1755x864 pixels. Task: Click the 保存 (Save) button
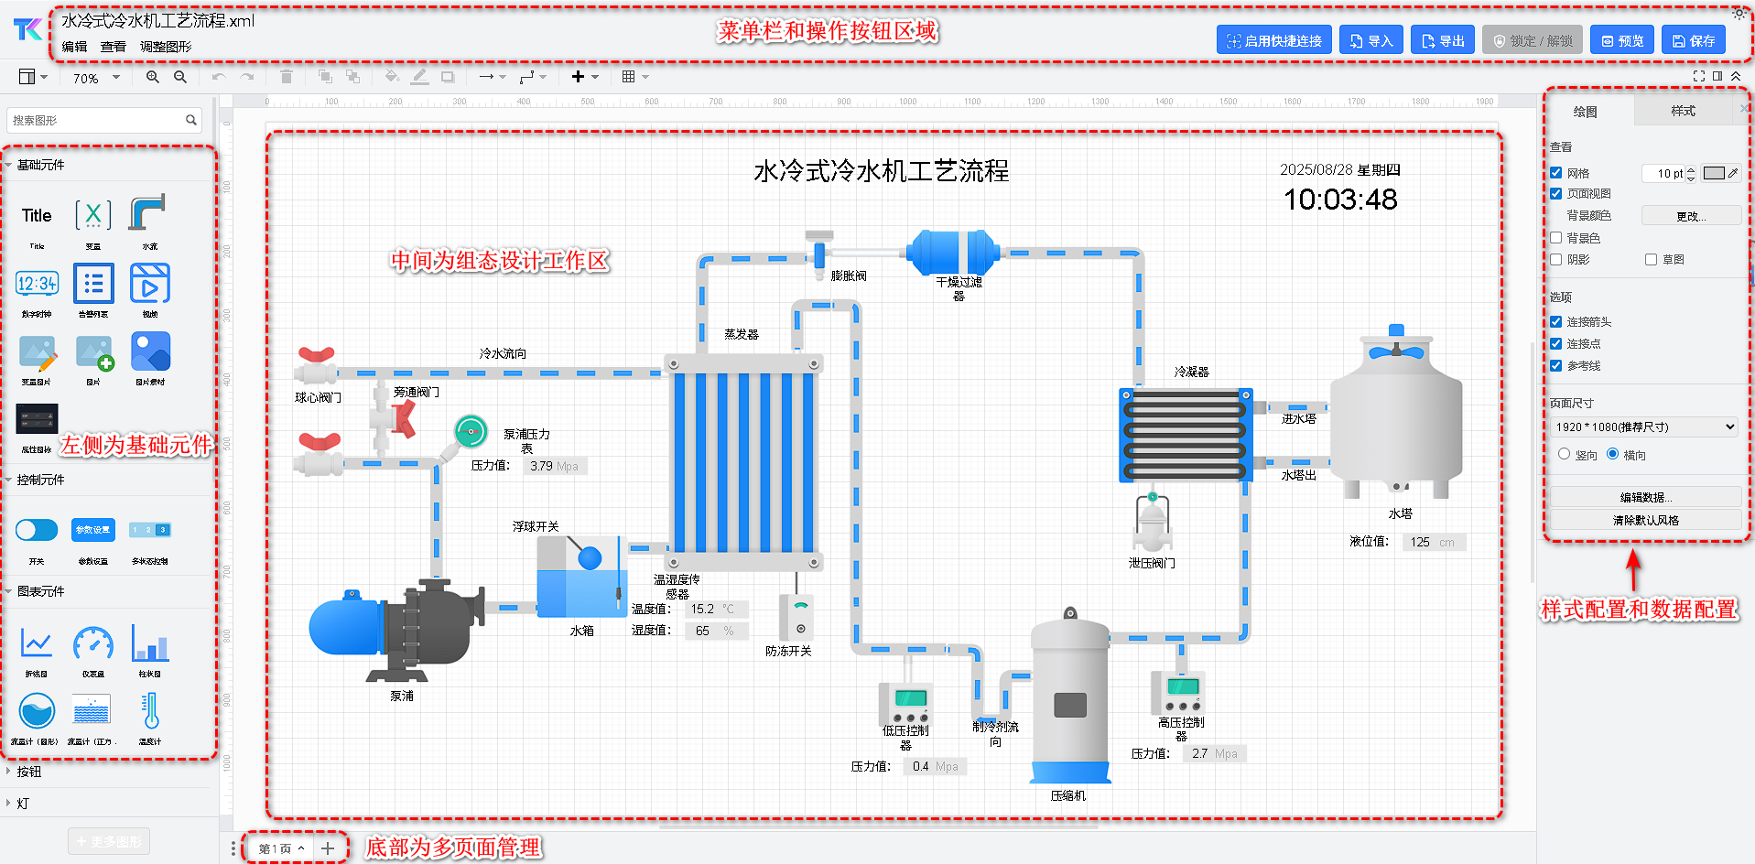(1693, 40)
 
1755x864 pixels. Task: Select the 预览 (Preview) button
(1621, 40)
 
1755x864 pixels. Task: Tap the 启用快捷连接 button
(1273, 40)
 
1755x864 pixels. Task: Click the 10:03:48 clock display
(1340, 200)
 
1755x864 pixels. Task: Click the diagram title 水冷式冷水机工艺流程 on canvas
(881, 171)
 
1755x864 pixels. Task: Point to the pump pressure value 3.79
(541, 466)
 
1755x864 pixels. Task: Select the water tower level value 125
(1420, 542)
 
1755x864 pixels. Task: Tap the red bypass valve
(402, 418)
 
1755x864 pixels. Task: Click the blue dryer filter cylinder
(953, 253)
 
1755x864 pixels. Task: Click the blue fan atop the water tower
(1396, 350)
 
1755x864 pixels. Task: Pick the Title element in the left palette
(37, 216)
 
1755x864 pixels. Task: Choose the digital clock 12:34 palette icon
(37, 284)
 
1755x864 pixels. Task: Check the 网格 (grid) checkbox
(1556, 173)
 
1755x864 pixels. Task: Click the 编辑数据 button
(1645, 498)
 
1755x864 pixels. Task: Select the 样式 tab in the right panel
(1683, 111)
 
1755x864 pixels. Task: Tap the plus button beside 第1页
(327, 848)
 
